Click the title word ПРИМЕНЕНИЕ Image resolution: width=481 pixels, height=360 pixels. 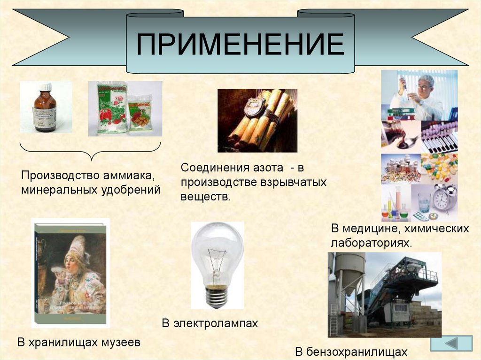pyautogui.click(x=240, y=45)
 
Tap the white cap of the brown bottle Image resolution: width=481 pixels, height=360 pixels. pyautogui.click(x=46, y=87)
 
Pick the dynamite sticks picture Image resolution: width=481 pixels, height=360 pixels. pyautogui.click(x=257, y=120)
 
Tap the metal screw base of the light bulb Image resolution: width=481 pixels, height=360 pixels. pyautogui.click(x=217, y=297)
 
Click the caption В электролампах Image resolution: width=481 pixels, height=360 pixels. pyautogui.click(x=210, y=323)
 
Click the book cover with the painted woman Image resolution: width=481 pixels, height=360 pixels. pyautogui.click(x=70, y=273)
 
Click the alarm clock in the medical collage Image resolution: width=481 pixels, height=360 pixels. pyautogui.click(x=443, y=197)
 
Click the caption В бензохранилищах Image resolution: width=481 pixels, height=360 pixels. pyautogui.click(x=351, y=352)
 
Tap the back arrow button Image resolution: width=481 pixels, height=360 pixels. pyautogui.click(x=451, y=343)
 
